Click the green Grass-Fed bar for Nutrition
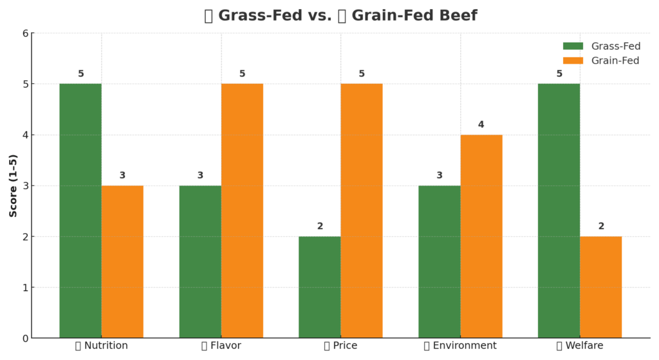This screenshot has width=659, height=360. (x=80, y=211)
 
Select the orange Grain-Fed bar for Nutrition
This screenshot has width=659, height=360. (x=122, y=261)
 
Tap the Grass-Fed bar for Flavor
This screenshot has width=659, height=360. (x=200, y=261)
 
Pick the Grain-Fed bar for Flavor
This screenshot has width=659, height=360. (x=242, y=211)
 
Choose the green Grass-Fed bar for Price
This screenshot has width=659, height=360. (x=320, y=287)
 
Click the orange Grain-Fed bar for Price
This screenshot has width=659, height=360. (x=362, y=211)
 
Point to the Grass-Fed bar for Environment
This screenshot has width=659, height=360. (x=440, y=261)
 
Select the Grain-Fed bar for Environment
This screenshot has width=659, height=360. (x=481, y=236)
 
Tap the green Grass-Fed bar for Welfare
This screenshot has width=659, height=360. (x=559, y=211)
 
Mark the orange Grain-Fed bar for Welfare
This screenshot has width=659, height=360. (x=600, y=287)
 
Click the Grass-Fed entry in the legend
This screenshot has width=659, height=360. (x=602, y=46)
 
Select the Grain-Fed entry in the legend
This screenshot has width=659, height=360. (x=602, y=61)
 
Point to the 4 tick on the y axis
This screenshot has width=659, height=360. (x=26, y=135)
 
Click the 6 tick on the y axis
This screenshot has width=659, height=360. (x=26, y=33)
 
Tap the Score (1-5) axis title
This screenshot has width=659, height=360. (x=14, y=185)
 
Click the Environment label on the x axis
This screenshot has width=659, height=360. (x=460, y=346)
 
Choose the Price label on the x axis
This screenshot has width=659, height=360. (x=340, y=346)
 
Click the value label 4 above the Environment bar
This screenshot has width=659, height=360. (x=481, y=124)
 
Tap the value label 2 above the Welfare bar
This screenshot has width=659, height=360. (x=601, y=226)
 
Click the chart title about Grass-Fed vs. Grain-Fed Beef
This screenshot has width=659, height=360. (x=340, y=15)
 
